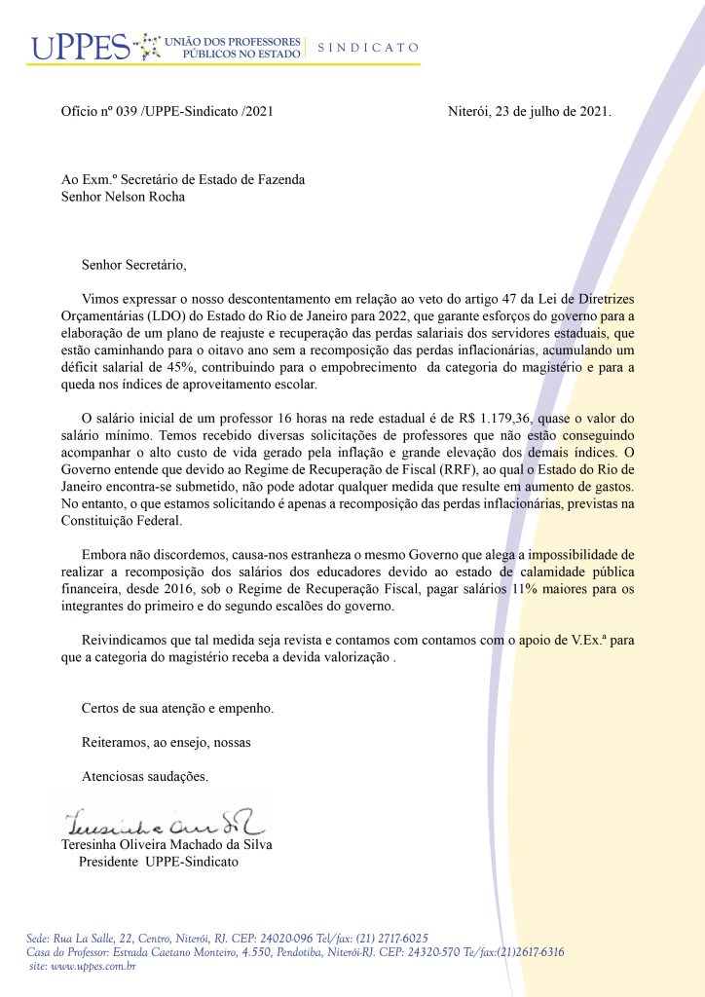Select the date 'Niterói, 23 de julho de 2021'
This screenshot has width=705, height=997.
click(x=529, y=112)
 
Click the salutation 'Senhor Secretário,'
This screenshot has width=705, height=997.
click(x=133, y=263)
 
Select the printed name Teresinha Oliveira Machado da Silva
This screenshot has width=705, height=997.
click(x=167, y=845)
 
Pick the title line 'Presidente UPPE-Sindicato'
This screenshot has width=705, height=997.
click(x=158, y=863)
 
